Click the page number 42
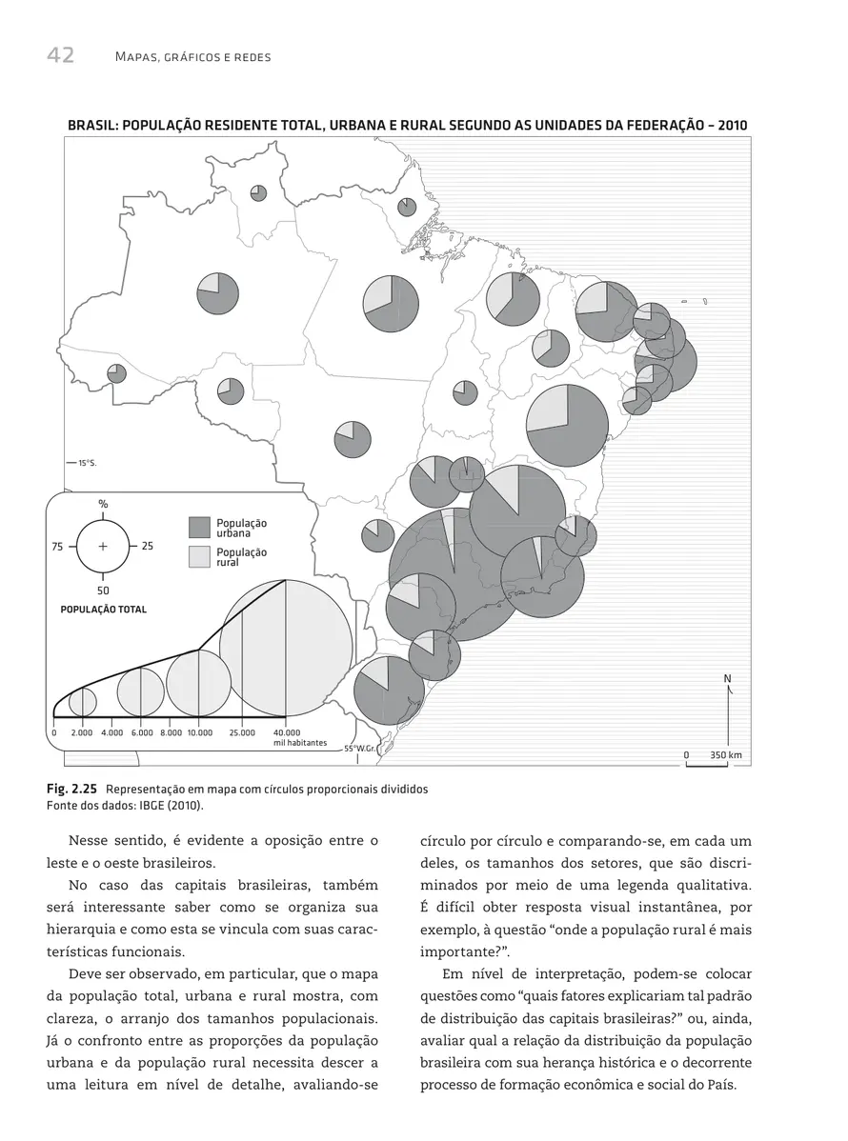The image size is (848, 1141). [x=60, y=55]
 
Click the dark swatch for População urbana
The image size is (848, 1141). [x=198, y=528]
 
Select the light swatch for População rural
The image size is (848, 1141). [x=198, y=557]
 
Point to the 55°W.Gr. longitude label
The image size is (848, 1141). [x=362, y=749]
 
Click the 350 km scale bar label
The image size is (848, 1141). [x=726, y=755]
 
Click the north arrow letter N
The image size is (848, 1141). [x=727, y=678]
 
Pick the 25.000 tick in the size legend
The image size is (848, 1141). [x=242, y=732]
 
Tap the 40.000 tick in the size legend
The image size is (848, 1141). [x=287, y=732]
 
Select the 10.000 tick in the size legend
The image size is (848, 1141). [x=199, y=732]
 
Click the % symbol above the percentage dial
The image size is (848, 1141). [x=102, y=503]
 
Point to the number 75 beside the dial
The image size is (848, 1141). [x=57, y=547]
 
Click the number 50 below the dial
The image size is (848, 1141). [x=102, y=591]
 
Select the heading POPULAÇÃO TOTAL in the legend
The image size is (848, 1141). [x=104, y=610]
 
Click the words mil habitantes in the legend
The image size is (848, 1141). [x=293, y=743]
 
